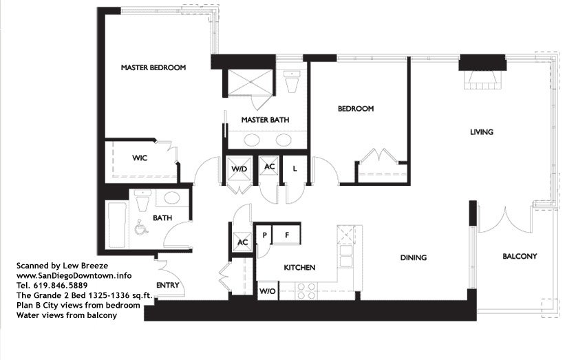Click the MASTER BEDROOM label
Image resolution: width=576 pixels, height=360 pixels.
153,67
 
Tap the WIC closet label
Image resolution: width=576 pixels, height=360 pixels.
140,158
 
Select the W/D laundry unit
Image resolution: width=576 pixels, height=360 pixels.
239,169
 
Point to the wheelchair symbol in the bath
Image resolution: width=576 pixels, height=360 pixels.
142,227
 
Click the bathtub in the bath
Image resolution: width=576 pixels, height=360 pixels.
116,224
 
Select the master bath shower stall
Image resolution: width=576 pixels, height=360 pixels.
250,82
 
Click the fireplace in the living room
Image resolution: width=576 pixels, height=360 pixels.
482,80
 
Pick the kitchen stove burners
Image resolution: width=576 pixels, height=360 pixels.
306,290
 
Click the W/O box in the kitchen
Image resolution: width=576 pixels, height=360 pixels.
268,291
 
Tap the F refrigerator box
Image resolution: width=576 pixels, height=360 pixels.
286,234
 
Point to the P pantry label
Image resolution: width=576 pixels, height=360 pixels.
264,235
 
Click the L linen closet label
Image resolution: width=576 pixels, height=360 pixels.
295,169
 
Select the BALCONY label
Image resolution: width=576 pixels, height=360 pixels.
520,256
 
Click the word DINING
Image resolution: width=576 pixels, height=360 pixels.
414,257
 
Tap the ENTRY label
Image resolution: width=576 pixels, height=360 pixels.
167,285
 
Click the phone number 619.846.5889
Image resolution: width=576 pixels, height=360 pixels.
61,286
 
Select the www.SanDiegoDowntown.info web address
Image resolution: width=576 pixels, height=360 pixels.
74,275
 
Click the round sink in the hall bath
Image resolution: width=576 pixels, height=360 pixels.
171,198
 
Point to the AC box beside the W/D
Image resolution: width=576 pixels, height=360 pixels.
269,167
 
